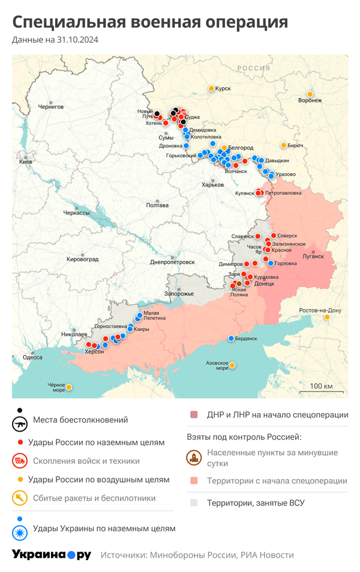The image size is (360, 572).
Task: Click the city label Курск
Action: click(x=223, y=89)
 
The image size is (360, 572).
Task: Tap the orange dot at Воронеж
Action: click(x=310, y=94)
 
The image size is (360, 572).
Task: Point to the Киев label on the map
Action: click(x=26, y=162)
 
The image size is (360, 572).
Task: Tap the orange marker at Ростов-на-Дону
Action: click(x=327, y=317)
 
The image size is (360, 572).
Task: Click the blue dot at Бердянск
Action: click(x=231, y=339)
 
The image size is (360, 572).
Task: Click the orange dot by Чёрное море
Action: click(x=69, y=387)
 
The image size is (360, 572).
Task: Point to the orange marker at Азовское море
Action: click(x=232, y=365)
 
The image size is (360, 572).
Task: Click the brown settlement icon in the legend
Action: click(x=194, y=457)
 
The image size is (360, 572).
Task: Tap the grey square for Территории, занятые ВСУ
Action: click(x=194, y=503)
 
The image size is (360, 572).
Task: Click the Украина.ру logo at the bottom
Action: click(x=52, y=555)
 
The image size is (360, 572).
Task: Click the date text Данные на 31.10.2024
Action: click(x=55, y=40)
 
